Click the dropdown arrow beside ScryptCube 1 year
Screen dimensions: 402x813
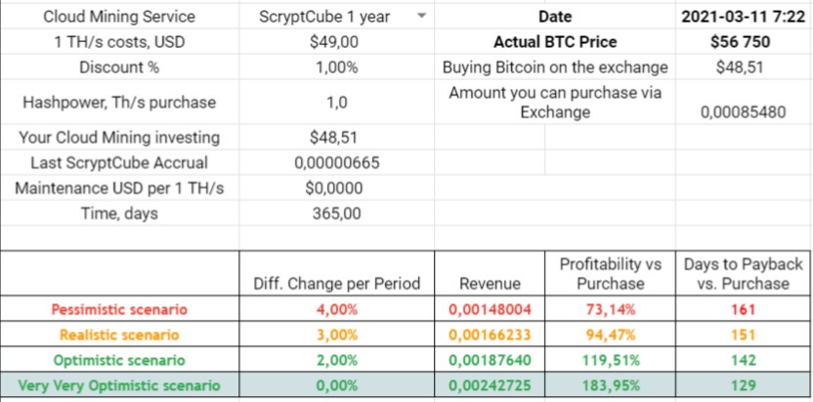(420, 17)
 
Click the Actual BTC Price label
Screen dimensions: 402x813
(555, 42)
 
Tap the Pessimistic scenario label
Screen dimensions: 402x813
(120, 310)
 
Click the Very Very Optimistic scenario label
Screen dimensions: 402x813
(120, 386)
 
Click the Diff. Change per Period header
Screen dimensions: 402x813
(336, 284)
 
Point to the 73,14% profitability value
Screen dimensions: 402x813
(616, 310)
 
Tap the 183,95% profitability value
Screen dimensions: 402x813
(616, 386)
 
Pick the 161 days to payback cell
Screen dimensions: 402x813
(743, 310)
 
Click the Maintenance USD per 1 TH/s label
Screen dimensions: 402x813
(120, 188)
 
